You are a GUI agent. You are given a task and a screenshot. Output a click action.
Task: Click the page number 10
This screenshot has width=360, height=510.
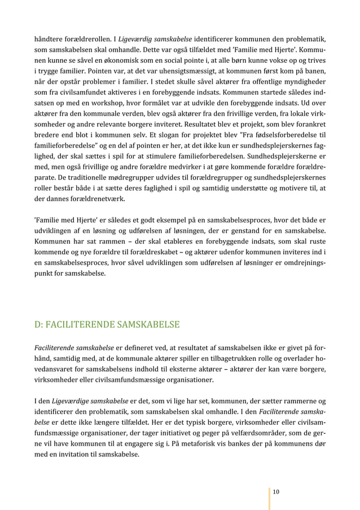tap(275, 492)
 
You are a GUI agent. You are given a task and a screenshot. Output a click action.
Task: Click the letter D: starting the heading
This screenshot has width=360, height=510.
tap(39, 324)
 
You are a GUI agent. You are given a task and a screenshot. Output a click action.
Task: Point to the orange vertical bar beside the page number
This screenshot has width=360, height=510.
tap(269, 492)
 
